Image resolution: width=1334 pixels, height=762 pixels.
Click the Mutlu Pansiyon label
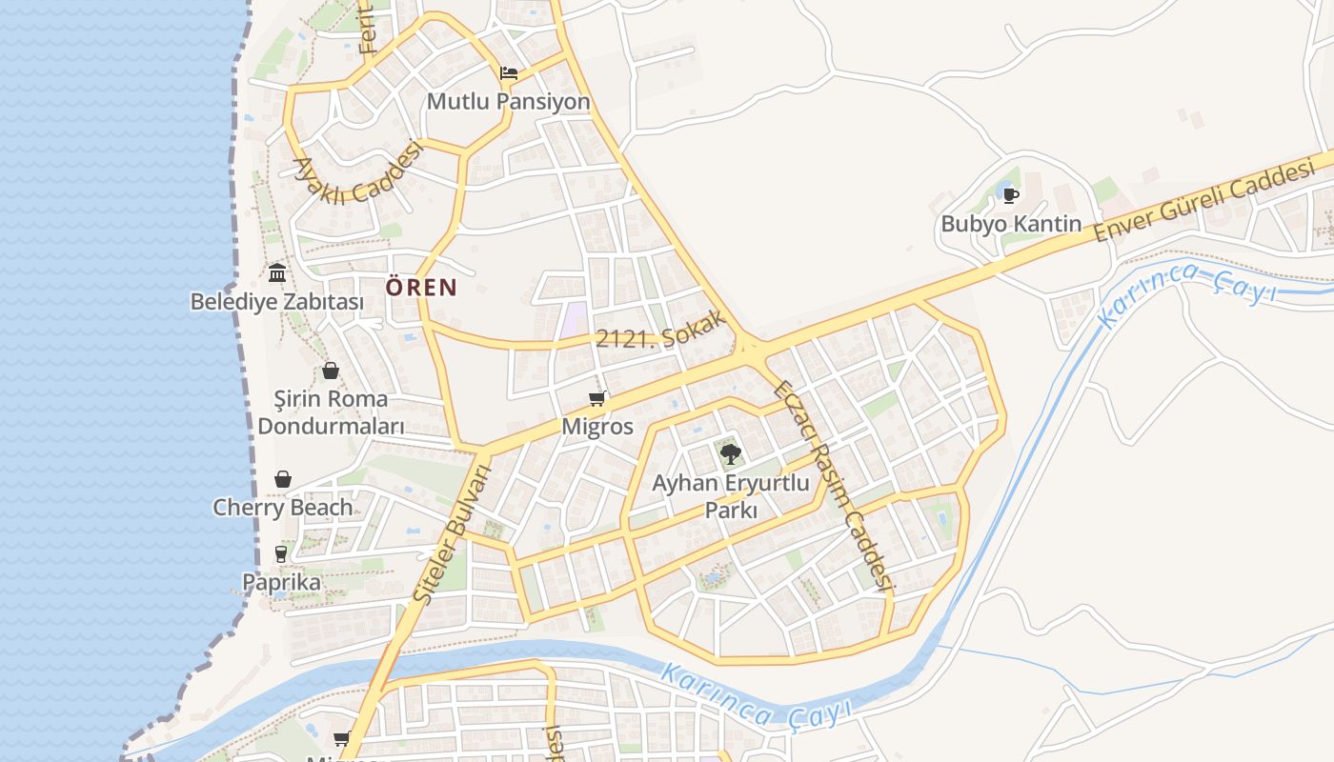508,101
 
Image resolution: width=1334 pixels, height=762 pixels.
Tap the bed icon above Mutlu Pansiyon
509,72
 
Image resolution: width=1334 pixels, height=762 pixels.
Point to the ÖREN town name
421,287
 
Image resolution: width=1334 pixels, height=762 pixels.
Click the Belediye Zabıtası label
277,302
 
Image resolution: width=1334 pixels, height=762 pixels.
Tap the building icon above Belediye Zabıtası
277,273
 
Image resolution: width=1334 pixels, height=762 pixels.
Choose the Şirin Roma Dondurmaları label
331,411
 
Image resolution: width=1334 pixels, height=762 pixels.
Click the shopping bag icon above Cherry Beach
283,479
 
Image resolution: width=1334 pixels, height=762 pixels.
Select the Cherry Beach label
283,508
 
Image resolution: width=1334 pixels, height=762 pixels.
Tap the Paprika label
281,581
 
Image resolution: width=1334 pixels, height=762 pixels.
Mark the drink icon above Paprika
281,553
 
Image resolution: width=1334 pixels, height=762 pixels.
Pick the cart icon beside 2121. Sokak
597,398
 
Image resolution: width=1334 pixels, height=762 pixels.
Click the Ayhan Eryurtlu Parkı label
731,496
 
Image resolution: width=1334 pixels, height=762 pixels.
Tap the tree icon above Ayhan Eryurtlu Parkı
731,454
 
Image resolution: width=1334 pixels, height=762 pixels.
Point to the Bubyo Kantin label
1011,224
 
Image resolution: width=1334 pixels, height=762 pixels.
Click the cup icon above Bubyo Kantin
1011,196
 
